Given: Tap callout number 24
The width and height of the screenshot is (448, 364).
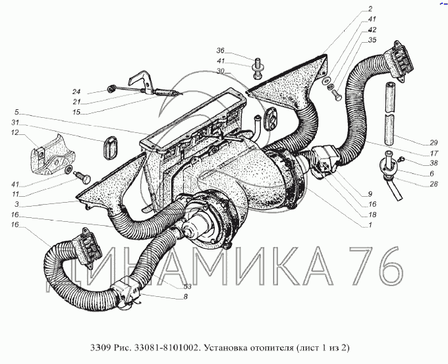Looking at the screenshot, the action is coord(76,91).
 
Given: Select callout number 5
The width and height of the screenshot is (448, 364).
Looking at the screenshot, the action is coord(16,112).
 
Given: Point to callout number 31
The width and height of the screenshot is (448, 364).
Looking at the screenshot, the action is coord(15,122).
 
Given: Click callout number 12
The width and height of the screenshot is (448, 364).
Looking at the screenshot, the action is coord(15,132).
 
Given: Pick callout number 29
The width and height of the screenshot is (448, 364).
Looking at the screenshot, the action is coord(434,142).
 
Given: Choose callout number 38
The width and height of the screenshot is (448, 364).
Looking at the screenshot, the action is coord(434,163).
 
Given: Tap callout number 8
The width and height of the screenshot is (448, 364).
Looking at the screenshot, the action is coord(185,297).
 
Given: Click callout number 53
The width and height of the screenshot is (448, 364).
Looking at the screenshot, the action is coord(187,286).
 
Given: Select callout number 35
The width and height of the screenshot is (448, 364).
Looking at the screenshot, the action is coord(372,40).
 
